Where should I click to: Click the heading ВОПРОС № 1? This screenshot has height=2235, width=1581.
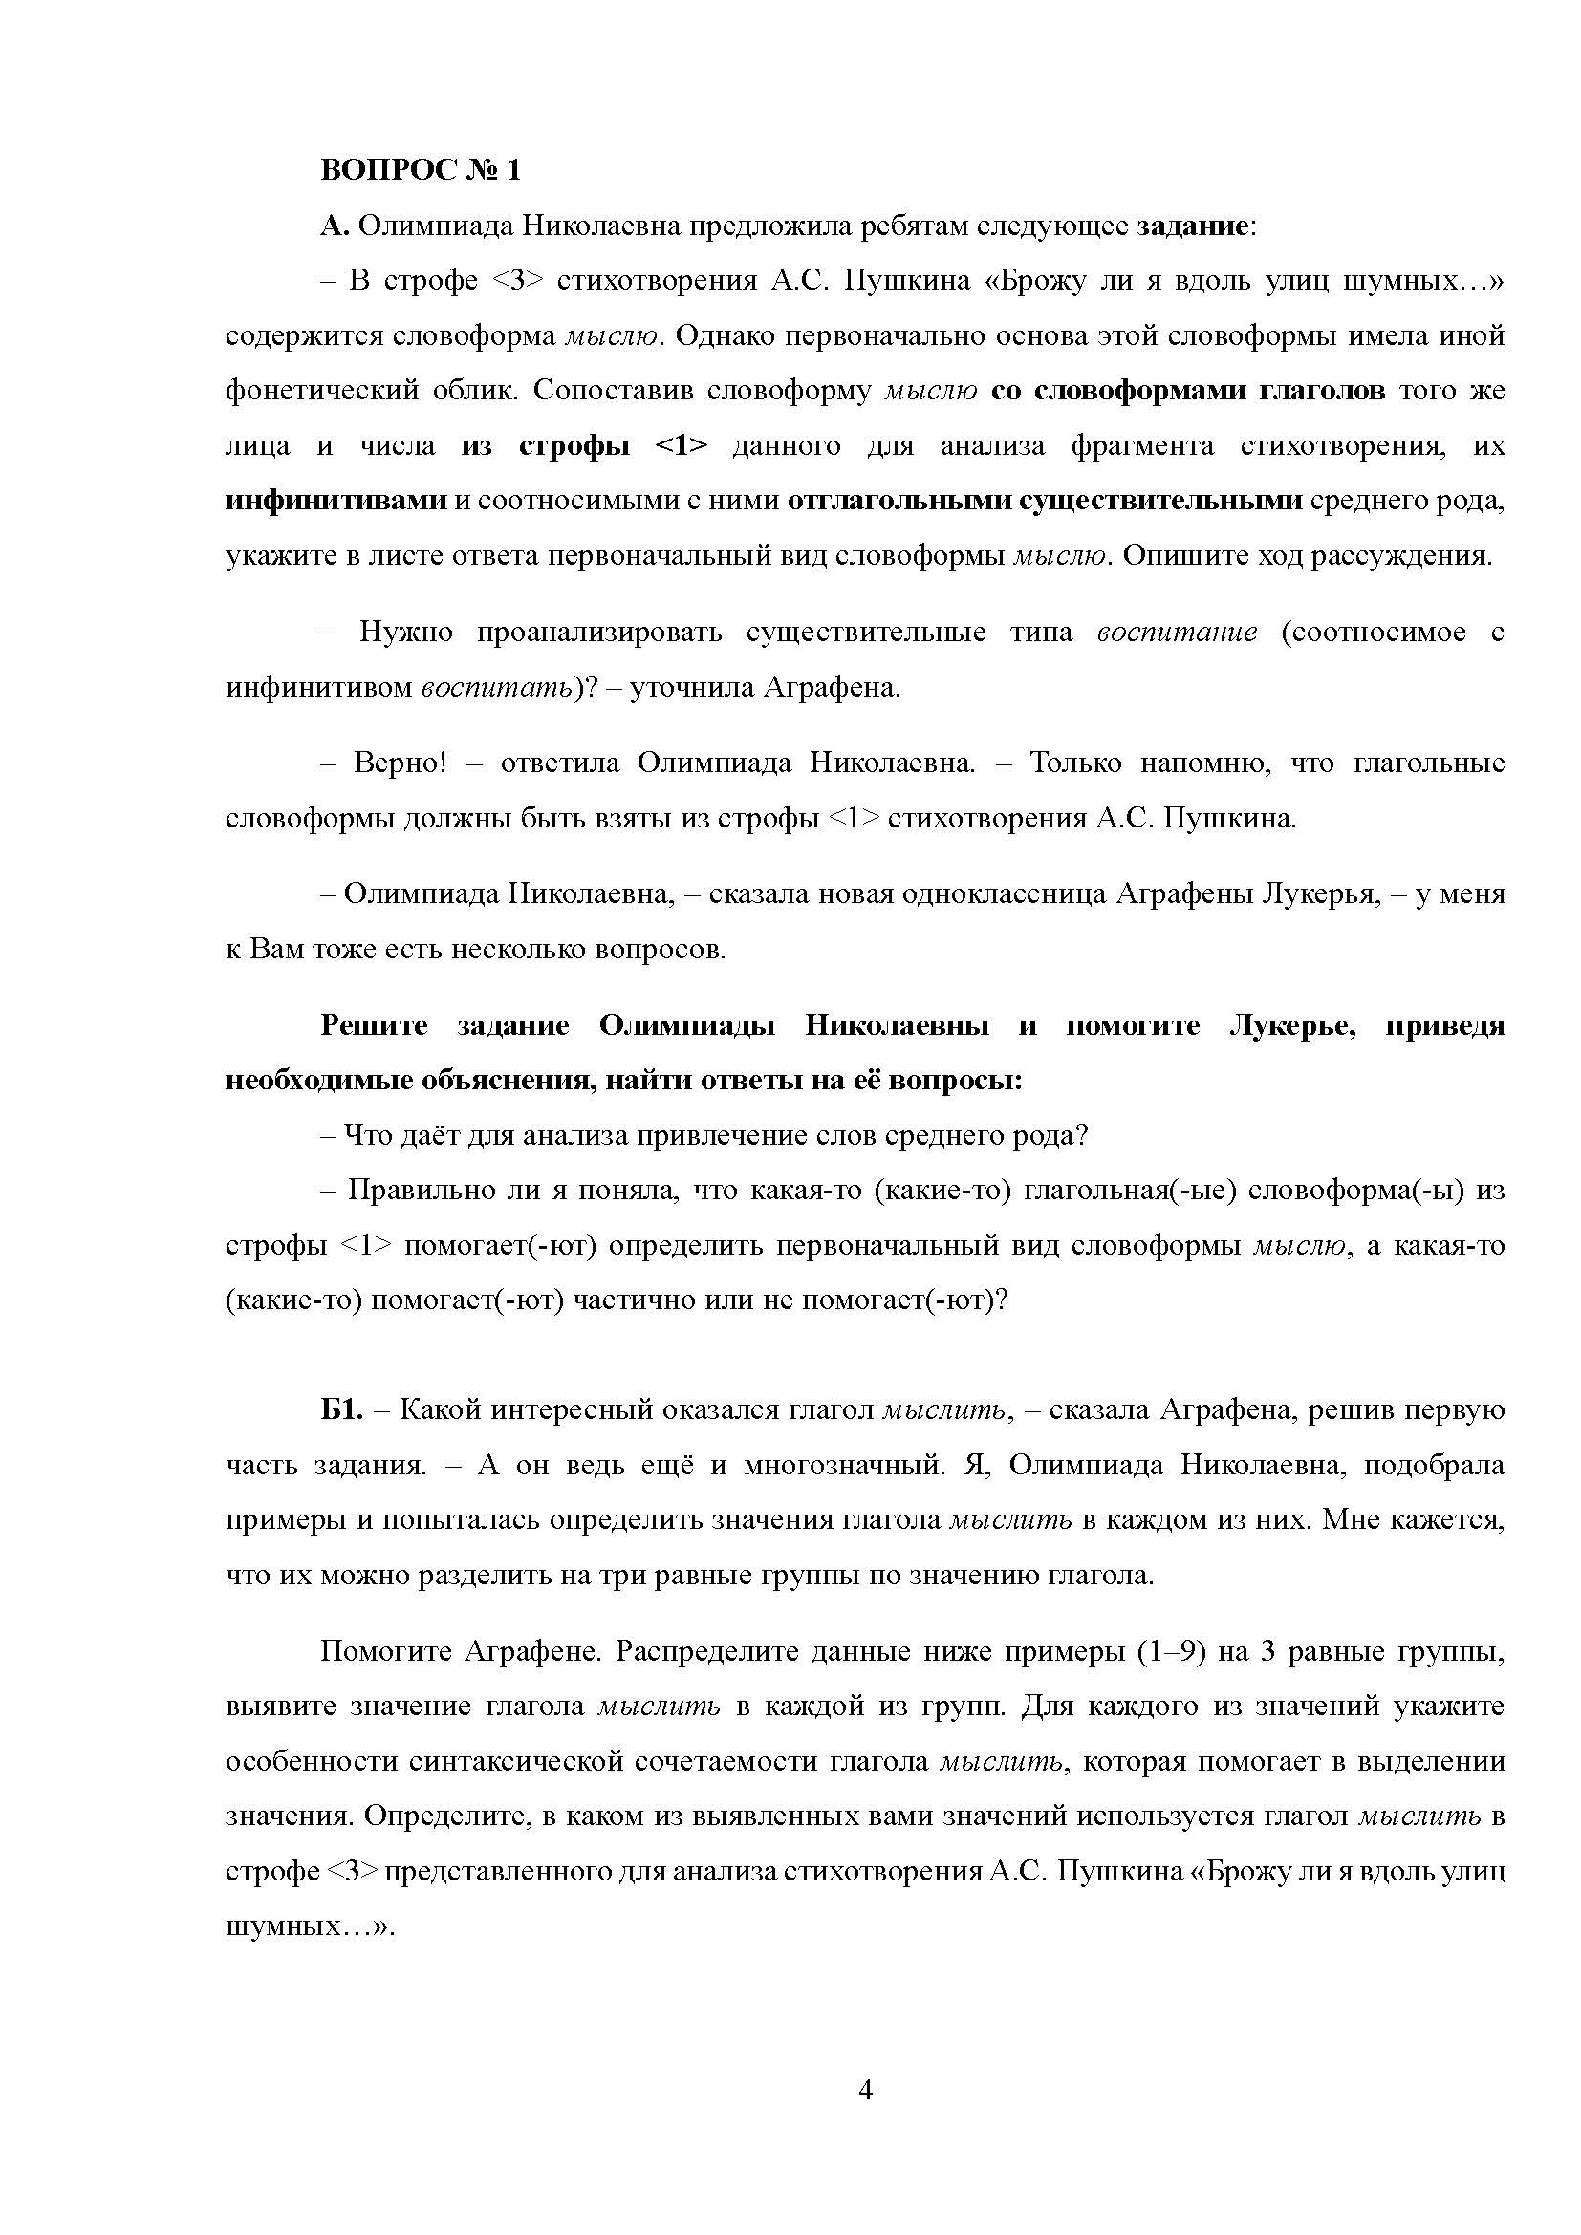421,170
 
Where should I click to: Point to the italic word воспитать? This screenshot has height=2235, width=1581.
496,688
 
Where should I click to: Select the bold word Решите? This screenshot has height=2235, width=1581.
374,1026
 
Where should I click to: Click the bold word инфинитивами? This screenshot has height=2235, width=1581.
336,502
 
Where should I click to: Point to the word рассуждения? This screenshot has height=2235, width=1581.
1402,556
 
